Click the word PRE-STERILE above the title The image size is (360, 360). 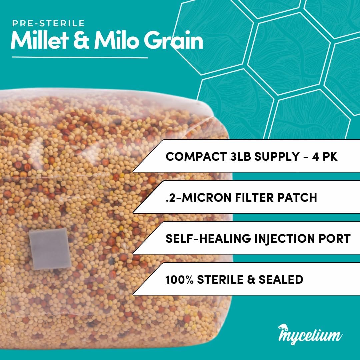[x=48, y=23]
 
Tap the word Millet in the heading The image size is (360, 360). [x=39, y=40]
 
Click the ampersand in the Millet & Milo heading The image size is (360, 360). [x=81, y=40]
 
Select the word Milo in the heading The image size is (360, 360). [x=116, y=40]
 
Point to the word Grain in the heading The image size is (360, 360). [x=174, y=40]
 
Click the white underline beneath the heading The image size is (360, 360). [x=80, y=57]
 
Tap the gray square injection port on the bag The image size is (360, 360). [x=50, y=249]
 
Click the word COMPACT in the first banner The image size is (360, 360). [x=196, y=157]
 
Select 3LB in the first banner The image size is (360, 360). [x=240, y=157]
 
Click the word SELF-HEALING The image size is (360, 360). [x=208, y=239]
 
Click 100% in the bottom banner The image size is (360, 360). [x=180, y=279]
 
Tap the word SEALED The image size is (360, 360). [x=281, y=279]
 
